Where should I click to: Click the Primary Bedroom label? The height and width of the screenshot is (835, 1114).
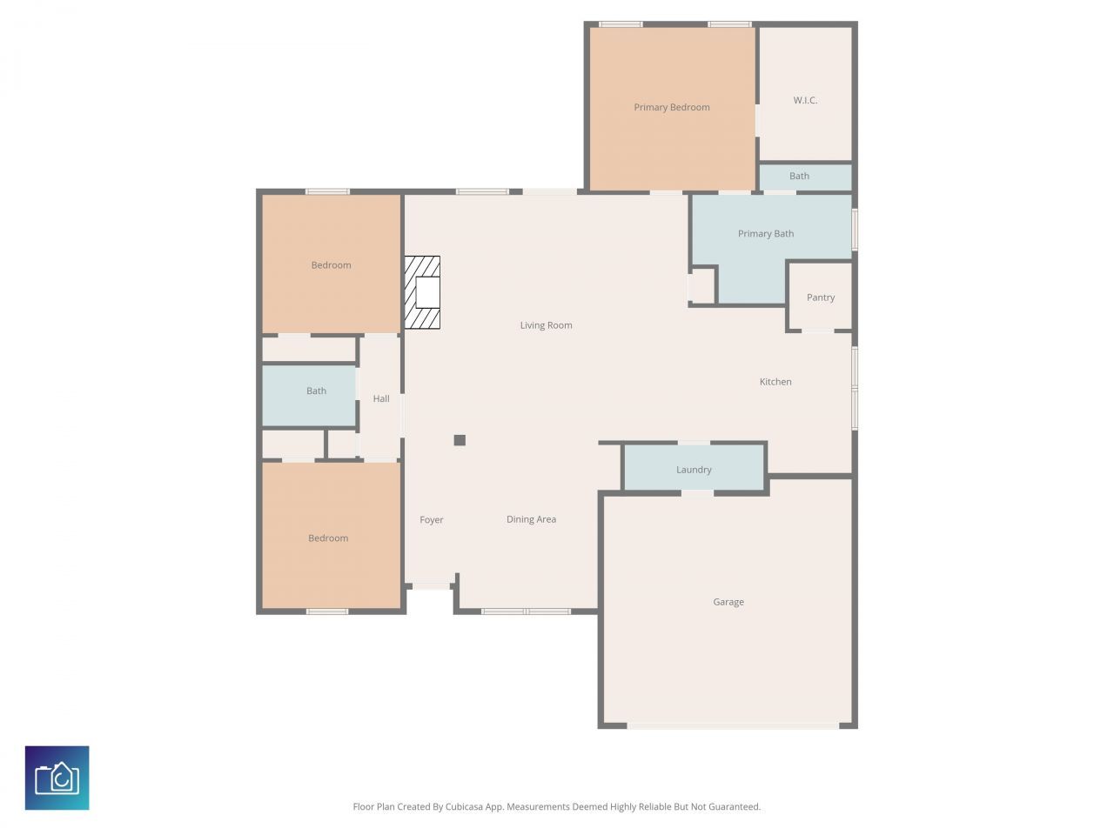pos(671,107)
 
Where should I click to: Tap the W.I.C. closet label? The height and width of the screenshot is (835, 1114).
pos(805,100)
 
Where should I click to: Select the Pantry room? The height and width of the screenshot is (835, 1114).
pos(820,297)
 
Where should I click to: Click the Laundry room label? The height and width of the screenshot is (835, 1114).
pos(694,470)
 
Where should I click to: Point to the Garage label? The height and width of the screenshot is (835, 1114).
pos(728,602)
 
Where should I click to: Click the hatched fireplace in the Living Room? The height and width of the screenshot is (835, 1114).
pos(423,292)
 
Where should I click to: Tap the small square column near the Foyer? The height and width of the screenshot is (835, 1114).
pos(460,440)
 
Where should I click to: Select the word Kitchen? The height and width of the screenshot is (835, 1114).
pos(775,382)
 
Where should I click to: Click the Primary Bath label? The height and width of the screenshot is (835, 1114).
pos(766,233)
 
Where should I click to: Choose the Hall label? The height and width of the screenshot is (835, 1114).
pos(381,398)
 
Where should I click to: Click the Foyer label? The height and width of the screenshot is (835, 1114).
pos(432,520)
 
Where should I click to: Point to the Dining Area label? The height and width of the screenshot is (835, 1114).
pos(531,519)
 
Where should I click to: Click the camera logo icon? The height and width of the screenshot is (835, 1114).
pos(57,778)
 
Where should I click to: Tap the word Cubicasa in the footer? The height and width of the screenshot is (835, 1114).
pos(465,807)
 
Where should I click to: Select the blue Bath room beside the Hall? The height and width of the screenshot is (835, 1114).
pos(310,396)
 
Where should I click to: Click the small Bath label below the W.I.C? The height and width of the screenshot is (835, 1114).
pos(799,176)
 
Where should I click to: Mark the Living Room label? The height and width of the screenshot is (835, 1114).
pos(546,325)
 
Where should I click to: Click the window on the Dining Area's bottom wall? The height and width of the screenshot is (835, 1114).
pos(526,611)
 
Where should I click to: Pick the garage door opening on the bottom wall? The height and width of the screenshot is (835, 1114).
pos(733,725)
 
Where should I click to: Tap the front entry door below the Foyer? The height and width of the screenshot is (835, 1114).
pos(430,587)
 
